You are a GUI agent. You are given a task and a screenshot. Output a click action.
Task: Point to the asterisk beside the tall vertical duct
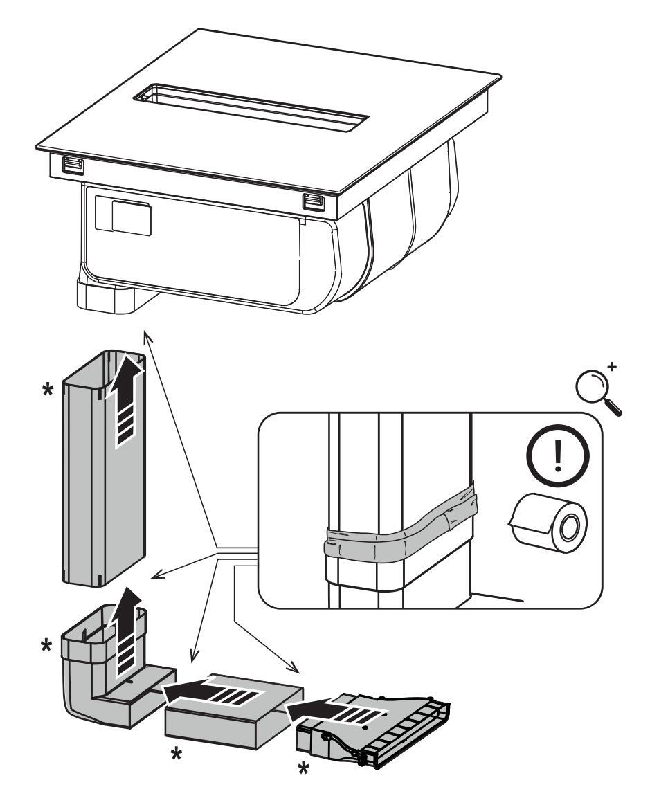tap(47, 390)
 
